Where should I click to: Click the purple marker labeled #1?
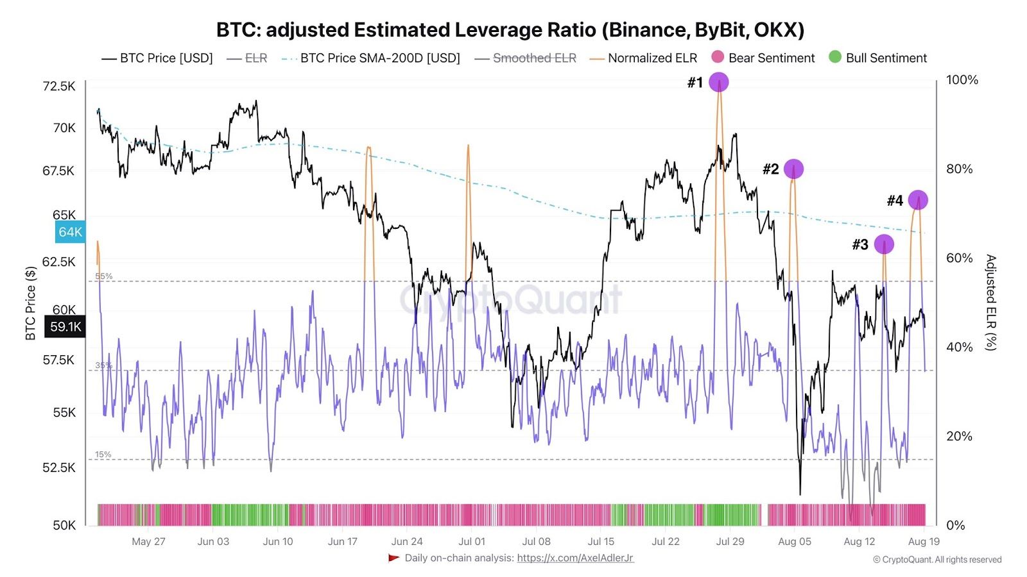point(719,82)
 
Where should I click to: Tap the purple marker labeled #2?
point(793,169)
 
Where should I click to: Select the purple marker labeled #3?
point(884,244)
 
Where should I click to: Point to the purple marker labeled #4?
point(918,200)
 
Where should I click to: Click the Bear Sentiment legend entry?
point(763,58)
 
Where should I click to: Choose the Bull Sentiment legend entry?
point(878,58)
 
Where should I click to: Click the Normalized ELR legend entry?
point(643,58)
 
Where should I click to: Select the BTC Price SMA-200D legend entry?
point(371,58)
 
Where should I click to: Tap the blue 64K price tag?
point(70,232)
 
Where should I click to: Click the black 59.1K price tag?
point(65,327)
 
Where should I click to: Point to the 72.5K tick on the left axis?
point(59,86)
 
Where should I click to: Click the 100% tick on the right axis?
point(962,80)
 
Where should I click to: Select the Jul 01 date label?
point(472,541)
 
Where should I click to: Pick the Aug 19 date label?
point(924,541)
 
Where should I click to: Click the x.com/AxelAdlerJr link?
point(575,558)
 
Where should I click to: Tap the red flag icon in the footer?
point(394,558)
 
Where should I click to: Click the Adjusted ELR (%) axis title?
point(991,302)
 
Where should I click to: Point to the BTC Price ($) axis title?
point(30,303)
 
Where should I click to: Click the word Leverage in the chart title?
point(497,30)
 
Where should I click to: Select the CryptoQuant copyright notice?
point(937,560)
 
